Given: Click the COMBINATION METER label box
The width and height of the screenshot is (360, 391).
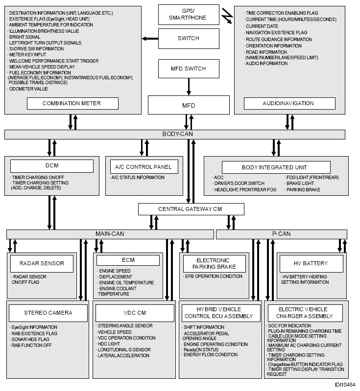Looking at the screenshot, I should tap(72, 103).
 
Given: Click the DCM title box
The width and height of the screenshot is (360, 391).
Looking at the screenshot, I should tap(52, 166).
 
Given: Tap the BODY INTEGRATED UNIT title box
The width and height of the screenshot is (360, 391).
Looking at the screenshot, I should tap(274, 167).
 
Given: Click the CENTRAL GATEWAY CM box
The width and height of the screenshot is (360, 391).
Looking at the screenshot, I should tap(191, 209).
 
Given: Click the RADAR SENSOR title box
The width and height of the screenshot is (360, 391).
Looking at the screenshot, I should tap(42, 263).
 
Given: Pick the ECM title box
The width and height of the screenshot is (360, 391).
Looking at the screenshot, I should tap(128, 260).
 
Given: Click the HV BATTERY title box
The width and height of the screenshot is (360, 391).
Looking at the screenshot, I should tap(311, 263).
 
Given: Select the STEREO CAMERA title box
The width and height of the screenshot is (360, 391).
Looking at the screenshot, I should tap(48, 313).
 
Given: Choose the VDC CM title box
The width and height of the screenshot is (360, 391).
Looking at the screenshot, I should tap(135, 313).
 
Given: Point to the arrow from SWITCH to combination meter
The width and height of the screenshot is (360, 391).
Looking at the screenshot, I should tap(150, 38).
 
